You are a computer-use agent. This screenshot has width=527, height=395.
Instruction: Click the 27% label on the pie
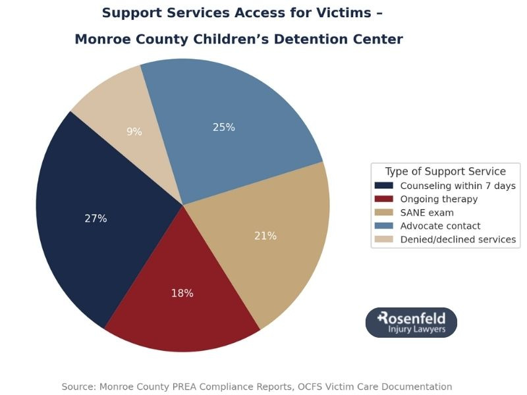(x=96, y=219)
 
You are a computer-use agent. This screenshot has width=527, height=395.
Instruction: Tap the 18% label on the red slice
(x=182, y=293)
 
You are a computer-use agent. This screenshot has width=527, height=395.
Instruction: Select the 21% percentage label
(x=265, y=236)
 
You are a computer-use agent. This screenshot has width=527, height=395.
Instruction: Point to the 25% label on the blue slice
(x=224, y=127)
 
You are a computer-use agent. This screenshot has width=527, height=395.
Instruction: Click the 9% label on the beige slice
(x=134, y=132)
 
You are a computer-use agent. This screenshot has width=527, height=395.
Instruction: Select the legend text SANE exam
(x=427, y=213)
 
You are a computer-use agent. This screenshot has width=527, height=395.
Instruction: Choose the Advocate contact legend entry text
(x=440, y=226)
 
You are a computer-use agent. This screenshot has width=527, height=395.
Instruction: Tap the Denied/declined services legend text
(x=458, y=240)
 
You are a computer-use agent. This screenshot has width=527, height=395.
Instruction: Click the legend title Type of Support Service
(x=445, y=171)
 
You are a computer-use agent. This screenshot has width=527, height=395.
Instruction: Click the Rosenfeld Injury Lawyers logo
(x=411, y=323)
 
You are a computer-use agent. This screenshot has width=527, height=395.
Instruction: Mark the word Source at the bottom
(x=78, y=386)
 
